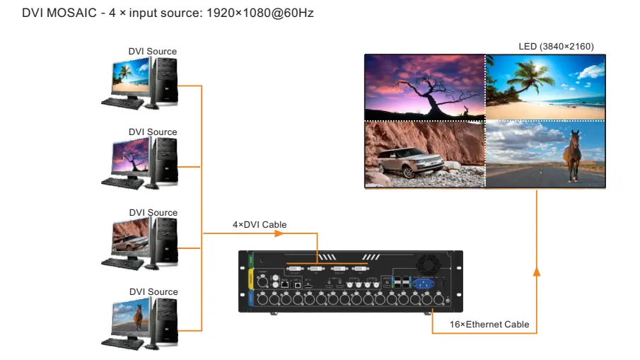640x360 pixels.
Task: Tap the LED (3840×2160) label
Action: coord(556,47)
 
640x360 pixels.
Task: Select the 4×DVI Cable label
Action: coord(260,225)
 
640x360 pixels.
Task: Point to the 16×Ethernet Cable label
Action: coord(489,325)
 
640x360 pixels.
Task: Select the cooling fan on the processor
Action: coord(429,263)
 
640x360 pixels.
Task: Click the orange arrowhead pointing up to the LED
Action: coord(536,272)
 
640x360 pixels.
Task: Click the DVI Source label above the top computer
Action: coord(152,52)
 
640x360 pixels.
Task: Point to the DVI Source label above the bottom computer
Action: coord(153,292)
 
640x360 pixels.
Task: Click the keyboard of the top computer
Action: coord(122,103)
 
